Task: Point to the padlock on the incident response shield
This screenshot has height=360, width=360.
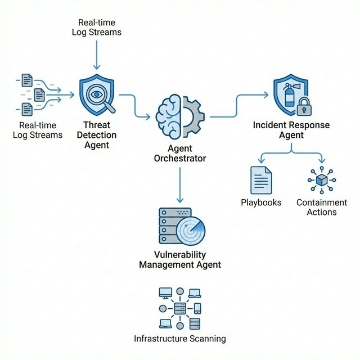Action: coord(304,106)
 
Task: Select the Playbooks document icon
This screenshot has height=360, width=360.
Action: coord(261,180)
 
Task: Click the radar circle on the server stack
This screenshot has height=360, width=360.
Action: coord(190,231)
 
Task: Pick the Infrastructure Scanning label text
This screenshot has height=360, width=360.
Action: coord(179,339)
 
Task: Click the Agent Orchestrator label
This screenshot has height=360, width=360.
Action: coord(179,153)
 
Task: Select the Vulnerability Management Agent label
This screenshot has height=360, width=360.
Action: coord(179,259)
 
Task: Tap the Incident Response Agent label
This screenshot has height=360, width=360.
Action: coord(291,129)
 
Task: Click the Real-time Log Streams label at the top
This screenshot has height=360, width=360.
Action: coord(96,27)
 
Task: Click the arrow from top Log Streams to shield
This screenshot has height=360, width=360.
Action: coord(97,53)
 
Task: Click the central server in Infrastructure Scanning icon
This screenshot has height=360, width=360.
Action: coord(180,309)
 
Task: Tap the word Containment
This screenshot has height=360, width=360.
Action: coord(321,202)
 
